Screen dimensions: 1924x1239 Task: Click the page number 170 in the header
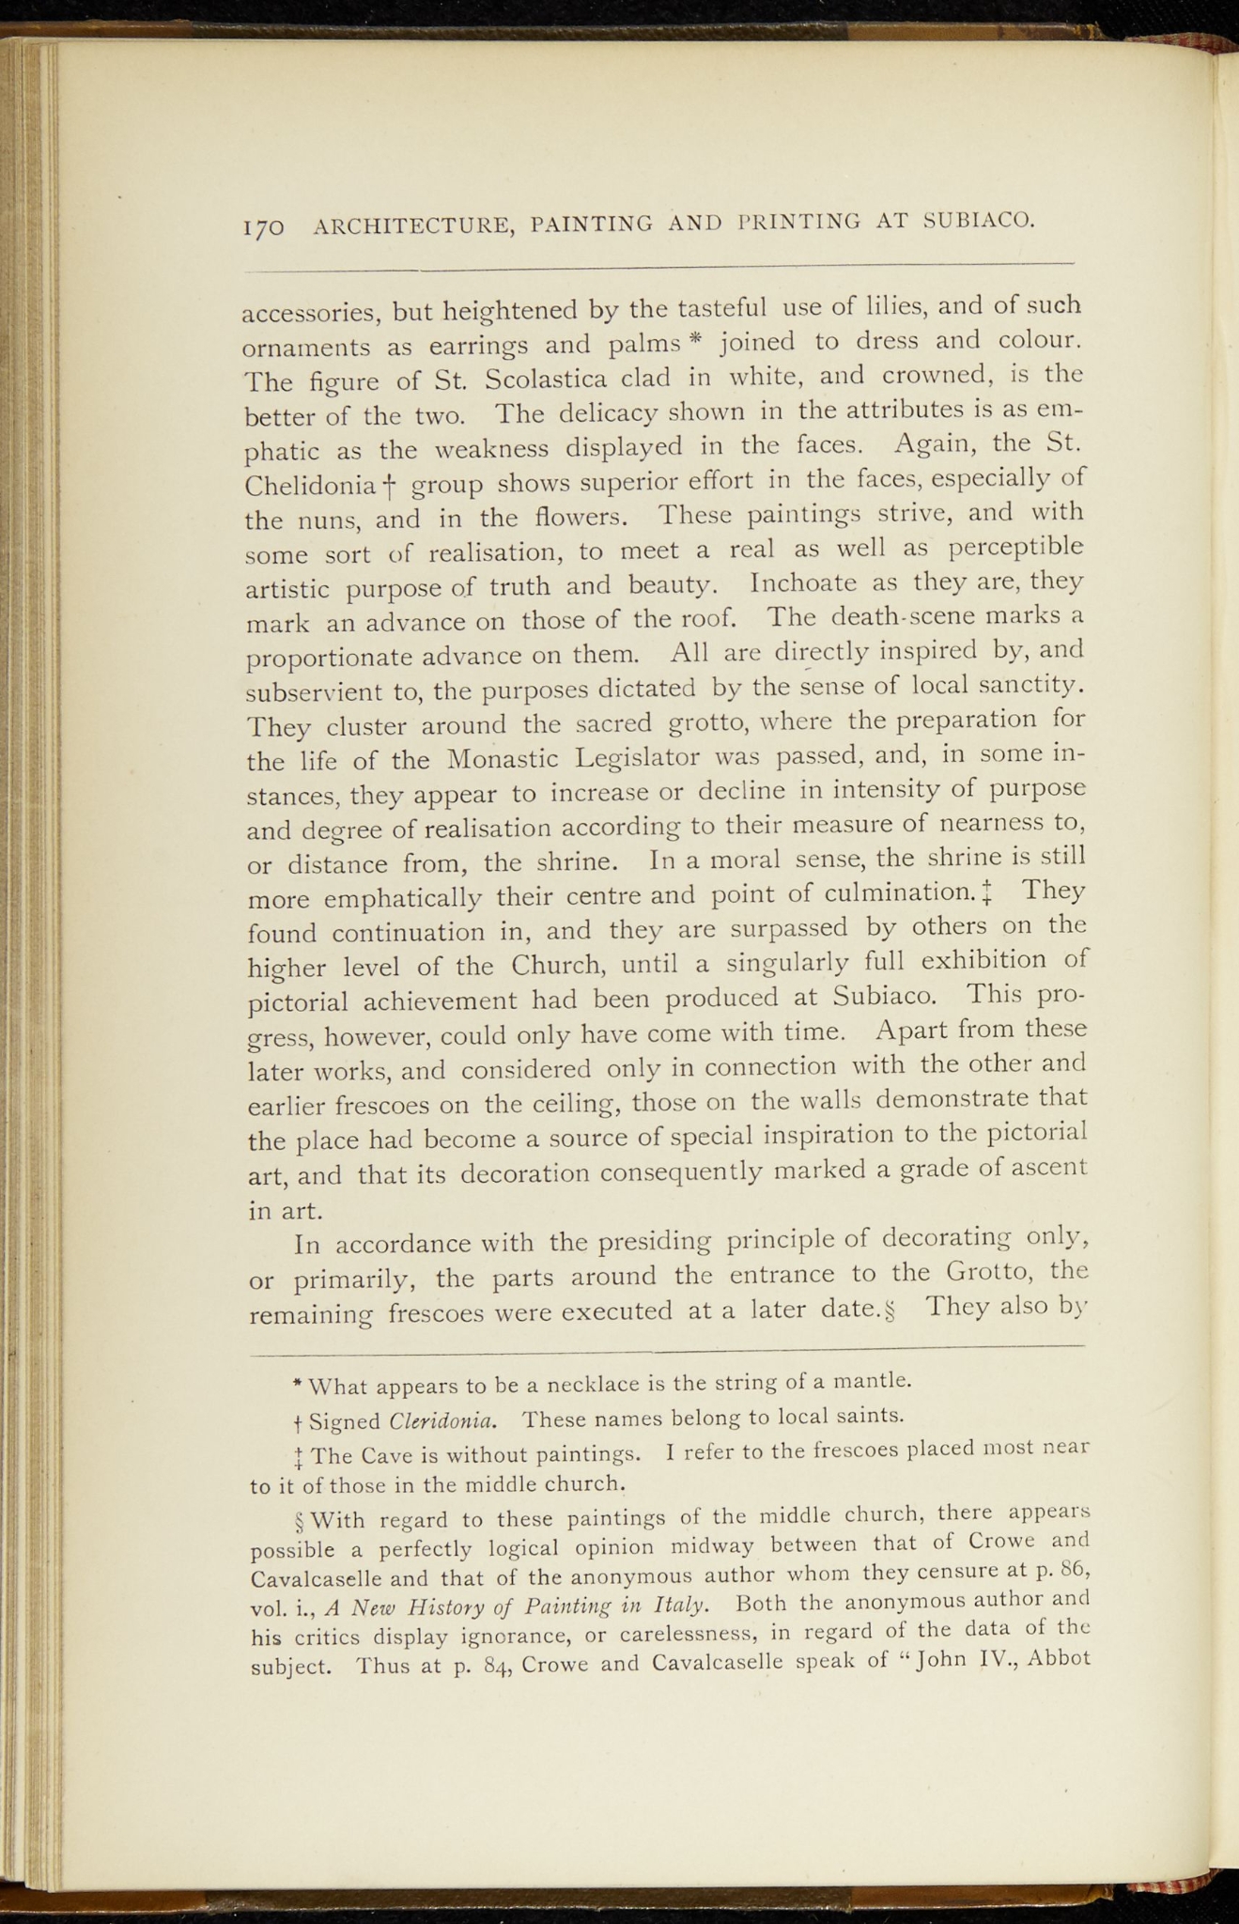coord(263,227)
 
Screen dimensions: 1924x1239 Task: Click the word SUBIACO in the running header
coord(979,221)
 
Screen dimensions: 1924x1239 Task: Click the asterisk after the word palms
coord(695,337)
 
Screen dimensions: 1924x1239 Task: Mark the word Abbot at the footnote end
coord(1059,1655)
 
